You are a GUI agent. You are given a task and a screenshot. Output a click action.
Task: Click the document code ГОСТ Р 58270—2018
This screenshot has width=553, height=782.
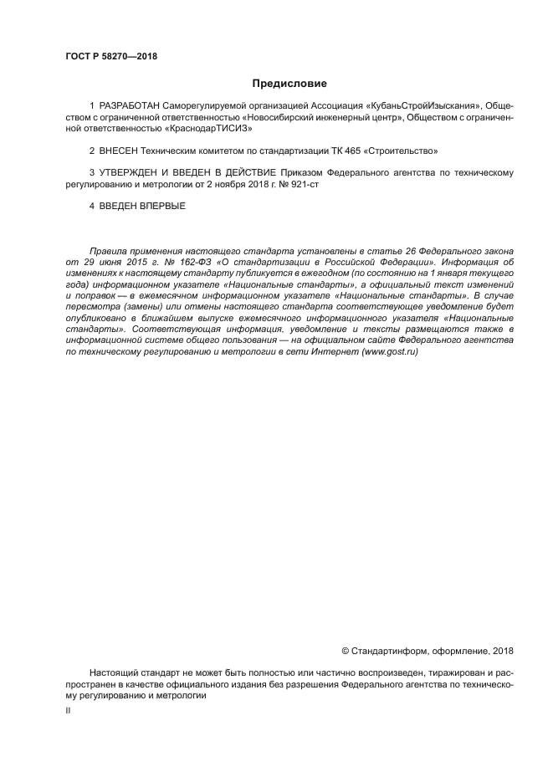coord(111,57)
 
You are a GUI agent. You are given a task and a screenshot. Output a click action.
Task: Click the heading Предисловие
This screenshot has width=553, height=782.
coord(289,84)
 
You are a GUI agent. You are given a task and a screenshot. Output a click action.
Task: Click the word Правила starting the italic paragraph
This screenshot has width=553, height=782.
coord(108,251)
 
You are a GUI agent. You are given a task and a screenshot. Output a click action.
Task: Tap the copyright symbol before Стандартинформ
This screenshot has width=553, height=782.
coord(346,651)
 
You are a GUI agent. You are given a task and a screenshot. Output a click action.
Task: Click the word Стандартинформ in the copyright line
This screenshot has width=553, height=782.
coord(389,651)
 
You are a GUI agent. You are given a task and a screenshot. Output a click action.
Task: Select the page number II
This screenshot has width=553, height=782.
coord(68,709)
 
